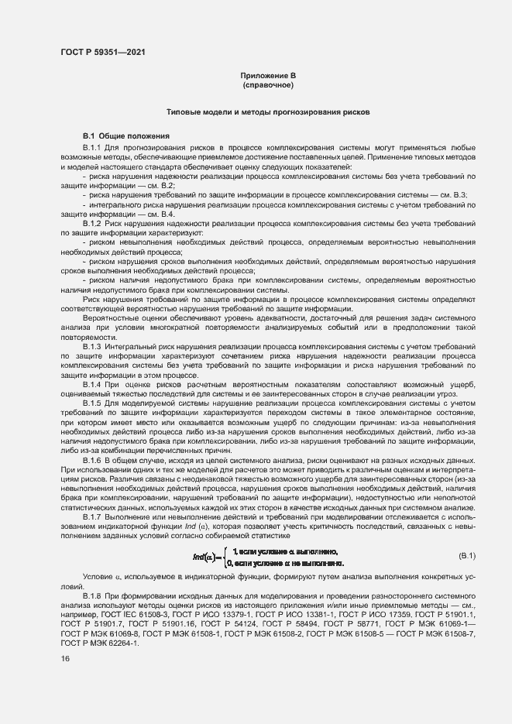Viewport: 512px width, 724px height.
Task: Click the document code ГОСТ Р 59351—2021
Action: [102, 52]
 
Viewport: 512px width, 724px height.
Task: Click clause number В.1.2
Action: [93, 223]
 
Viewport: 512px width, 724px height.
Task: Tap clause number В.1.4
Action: [93, 384]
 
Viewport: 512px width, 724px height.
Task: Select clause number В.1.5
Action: [93, 403]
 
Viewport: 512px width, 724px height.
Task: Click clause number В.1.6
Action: [93, 460]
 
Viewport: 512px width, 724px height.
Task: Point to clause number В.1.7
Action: [93, 516]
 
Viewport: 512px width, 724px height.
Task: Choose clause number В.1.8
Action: [93, 593]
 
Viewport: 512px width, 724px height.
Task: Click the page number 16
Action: [65, 659]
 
